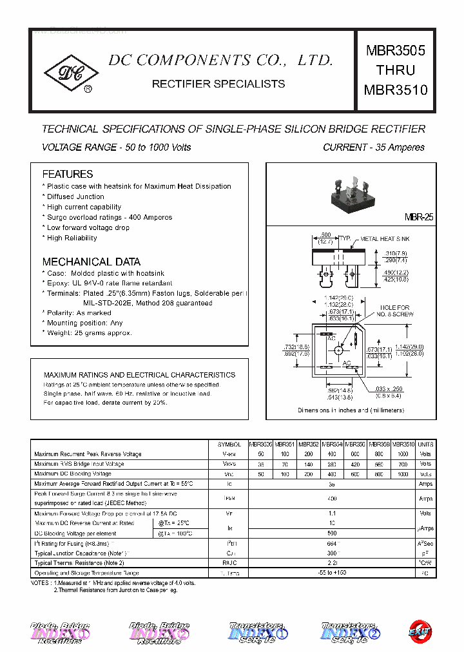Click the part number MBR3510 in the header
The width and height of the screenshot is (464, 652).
[396, 90]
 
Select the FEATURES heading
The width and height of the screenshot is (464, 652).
[68, 174]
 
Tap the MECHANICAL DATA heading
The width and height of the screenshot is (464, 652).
[91, 262]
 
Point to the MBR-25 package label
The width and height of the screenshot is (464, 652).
[419, 218]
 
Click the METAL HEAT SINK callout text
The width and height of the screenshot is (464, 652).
[385, 239]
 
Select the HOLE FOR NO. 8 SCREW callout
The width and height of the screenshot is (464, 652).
[394, 311]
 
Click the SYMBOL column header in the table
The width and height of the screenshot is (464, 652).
[229, 445]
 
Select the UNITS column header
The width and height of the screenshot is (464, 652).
[425, 445]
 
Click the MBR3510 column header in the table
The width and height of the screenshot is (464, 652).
[403, 445]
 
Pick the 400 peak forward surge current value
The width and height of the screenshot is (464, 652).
[331, 499]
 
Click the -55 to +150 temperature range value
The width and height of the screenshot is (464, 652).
[331, 573]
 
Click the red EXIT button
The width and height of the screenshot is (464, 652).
[420, 631]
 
